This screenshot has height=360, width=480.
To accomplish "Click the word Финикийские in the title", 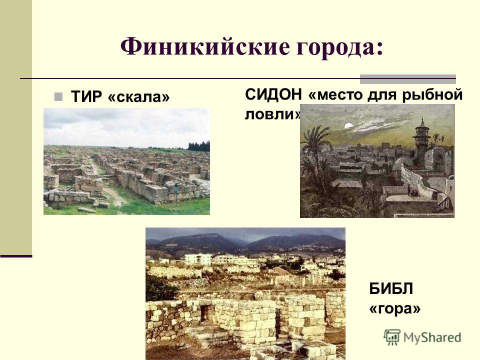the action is pos(204,46).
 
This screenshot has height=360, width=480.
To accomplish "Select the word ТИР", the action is pos(86,96).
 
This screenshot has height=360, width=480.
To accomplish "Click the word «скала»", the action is pos(138,97).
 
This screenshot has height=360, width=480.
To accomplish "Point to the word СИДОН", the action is pos(273,94).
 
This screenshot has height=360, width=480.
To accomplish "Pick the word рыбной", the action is pos(432,95).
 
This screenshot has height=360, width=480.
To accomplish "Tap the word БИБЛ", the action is pos(391,288).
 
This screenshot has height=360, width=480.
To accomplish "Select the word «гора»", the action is pos(395,309).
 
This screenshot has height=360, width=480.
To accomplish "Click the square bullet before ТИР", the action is pos(58,97).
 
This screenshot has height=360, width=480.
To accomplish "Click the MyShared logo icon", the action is pos(392,337).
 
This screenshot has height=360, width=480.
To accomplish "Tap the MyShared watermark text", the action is pos(432,337).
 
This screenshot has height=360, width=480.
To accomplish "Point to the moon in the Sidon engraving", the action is pos(348,125).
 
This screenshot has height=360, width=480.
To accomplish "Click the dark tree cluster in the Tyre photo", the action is pos(198,146).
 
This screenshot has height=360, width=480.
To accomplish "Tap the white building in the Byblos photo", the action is pos(198,259).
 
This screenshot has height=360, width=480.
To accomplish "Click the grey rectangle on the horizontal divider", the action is pos(408,79).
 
